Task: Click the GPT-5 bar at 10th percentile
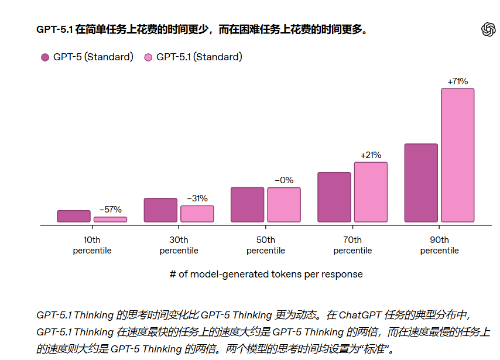74,216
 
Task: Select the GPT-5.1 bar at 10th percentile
110,220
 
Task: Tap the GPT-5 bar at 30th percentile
160,210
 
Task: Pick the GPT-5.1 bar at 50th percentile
284,205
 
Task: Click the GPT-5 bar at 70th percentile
334,197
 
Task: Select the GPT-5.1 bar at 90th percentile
457,155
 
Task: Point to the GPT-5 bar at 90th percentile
421,183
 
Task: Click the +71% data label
457,81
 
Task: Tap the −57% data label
110,209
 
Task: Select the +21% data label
371,155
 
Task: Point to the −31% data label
197,198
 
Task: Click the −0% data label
284,180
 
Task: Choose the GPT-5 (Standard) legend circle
45,57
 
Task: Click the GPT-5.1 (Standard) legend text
199,57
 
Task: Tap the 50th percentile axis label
266,245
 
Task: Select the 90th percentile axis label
439,245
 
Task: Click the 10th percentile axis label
92,245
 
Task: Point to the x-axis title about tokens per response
266,274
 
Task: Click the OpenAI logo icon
488,30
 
